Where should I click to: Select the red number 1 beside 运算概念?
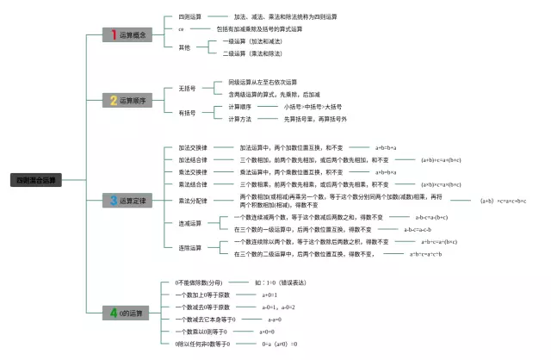pyautogui.click(x=109, y=34)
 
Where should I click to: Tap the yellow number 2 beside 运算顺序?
pyautogui.click(x=112, y=100)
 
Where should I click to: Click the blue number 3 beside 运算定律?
pyautogui.click(x=112, y=201)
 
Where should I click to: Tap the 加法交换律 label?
pyautogui.click(x=192, y=147)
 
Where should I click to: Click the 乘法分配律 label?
pyautogui.click(x=192, y=201)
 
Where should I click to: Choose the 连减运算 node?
pyautogui.click(x=189, y=223)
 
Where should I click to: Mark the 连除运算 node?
pyautogui.click(x=189, y=248)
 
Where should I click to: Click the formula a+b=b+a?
pyautogui.click(x=390, y=147)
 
